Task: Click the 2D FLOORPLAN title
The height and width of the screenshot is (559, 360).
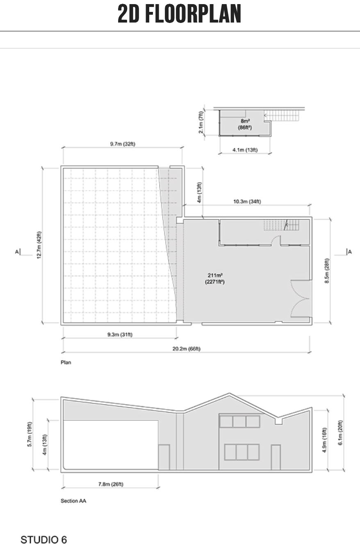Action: [179, 14]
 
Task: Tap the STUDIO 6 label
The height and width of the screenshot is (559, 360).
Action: [44, 540]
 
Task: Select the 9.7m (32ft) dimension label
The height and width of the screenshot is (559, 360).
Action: [123, 144]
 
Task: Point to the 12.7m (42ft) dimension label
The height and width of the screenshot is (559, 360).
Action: [39, 245]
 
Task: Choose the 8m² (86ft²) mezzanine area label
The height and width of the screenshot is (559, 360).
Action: [245, 124]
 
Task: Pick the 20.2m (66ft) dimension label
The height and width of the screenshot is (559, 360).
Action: [186, 349]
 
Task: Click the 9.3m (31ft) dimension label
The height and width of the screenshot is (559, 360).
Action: [120, 334]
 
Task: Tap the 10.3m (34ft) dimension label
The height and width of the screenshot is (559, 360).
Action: [247, 201]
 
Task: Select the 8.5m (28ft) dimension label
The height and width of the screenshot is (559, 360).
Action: [327, 271]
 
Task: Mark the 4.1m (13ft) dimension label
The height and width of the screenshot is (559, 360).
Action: [245, 150]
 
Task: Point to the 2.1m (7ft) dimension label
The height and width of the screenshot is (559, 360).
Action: [201, 122]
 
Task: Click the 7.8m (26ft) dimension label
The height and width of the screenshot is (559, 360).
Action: [111, 484]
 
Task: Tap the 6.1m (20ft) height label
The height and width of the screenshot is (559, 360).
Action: [340, 433]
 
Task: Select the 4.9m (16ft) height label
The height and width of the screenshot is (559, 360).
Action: [324, 440]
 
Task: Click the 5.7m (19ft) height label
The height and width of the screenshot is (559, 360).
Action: [30, 434]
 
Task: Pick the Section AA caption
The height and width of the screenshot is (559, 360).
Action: [73, 501]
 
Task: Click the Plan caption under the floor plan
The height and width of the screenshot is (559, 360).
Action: [66, 362]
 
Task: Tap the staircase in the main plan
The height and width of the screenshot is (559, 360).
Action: [282, 225]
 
